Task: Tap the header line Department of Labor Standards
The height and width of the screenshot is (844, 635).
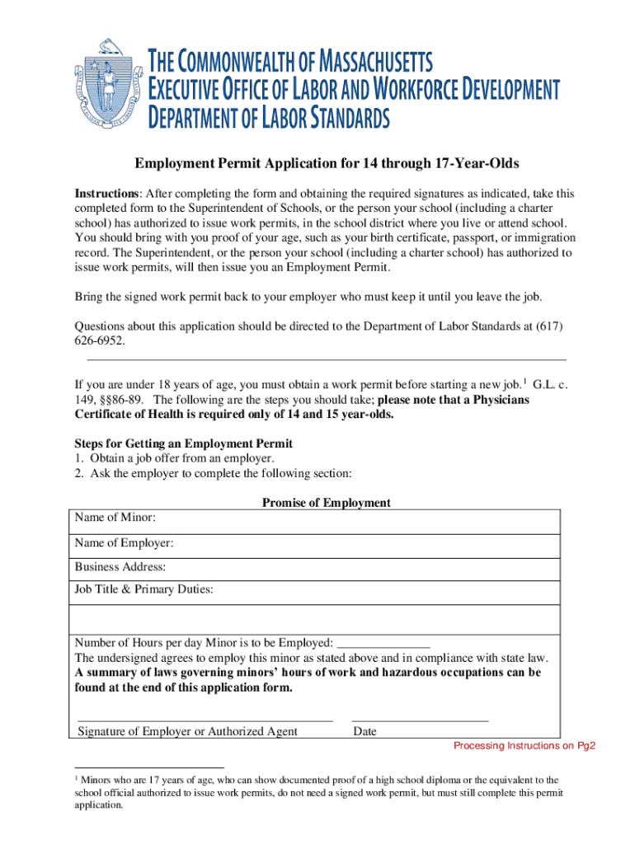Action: (x=268, y=119)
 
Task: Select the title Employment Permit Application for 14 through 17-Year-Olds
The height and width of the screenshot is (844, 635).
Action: (x=316, y=163)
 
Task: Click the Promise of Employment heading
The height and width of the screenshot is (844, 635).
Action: (x=326, y=503)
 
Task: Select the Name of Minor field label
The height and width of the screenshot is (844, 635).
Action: (x=115, y=518)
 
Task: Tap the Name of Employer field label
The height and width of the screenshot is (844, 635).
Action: (x=124, y=543)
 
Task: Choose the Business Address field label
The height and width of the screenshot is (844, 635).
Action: (x=120, y=567)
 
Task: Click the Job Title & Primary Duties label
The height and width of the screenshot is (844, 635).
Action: (x=144, y=589)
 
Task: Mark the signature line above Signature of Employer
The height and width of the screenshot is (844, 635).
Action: (x=205, y=720)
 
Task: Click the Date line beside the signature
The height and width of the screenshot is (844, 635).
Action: (x=420, y=720)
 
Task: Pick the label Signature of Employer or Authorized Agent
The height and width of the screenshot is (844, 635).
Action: (x=187, y=731)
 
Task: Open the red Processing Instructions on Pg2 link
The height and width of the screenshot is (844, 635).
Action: (x=524, y=747)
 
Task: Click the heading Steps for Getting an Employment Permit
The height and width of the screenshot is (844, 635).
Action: (x=183, y=443)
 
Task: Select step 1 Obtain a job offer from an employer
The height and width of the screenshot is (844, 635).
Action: (x=174, y=458)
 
